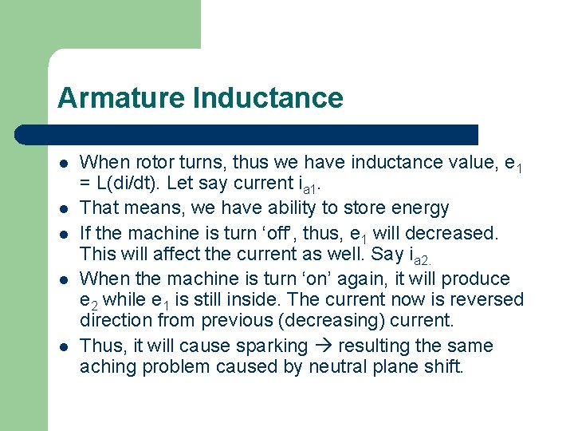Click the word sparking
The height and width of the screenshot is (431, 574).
click(x=269, y=346)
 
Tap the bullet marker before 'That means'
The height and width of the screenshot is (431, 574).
click(x=63, y=209)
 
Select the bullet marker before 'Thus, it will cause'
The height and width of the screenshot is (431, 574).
click(x=63, y=347)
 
